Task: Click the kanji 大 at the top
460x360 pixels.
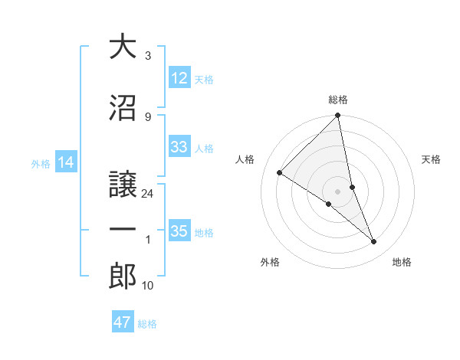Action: tap(123, 47)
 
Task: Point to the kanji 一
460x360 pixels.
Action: tap(123, 230)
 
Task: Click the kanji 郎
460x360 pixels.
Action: tap(123, 277)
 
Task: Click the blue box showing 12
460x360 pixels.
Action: tap(179, 78)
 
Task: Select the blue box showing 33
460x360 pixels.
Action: tap(179, 147)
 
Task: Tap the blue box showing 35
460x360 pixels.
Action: tap(179, 231)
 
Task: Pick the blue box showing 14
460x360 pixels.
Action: tap(66, 162)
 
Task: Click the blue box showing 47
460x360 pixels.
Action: tap(123, 322)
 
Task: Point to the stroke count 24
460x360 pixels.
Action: tap(148, 194)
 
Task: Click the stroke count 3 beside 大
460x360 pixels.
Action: tap(147, 56)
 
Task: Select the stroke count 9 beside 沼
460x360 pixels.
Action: tap(147, 117)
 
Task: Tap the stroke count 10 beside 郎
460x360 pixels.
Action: tap(148, 286)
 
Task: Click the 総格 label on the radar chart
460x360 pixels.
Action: tap(337, 100)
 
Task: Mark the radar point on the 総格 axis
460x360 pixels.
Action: tap(337, 116)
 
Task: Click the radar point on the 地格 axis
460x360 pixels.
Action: tap(374, 242)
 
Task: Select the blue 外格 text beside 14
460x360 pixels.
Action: tap(40, 163)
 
